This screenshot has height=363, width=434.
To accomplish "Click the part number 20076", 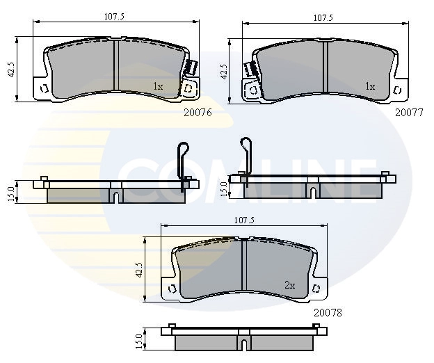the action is (x=198, y=112).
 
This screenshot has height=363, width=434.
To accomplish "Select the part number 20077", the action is (x=409, y=113).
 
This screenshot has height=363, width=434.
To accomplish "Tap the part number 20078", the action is (x=328, y=313).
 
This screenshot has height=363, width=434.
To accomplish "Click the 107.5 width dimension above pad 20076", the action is (x=114, y=17).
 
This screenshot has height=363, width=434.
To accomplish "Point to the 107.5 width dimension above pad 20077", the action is (x=323, y=18).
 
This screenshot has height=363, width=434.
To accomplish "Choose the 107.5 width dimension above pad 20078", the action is (x=244, y=220).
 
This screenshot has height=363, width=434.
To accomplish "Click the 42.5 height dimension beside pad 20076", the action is (x=12, y=70).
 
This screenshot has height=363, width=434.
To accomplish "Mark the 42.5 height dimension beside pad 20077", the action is (x=224, y=72).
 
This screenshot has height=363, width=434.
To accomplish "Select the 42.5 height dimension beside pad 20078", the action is (x=139, y=270).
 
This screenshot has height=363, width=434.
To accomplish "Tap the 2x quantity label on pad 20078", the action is (x=290, y=285).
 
